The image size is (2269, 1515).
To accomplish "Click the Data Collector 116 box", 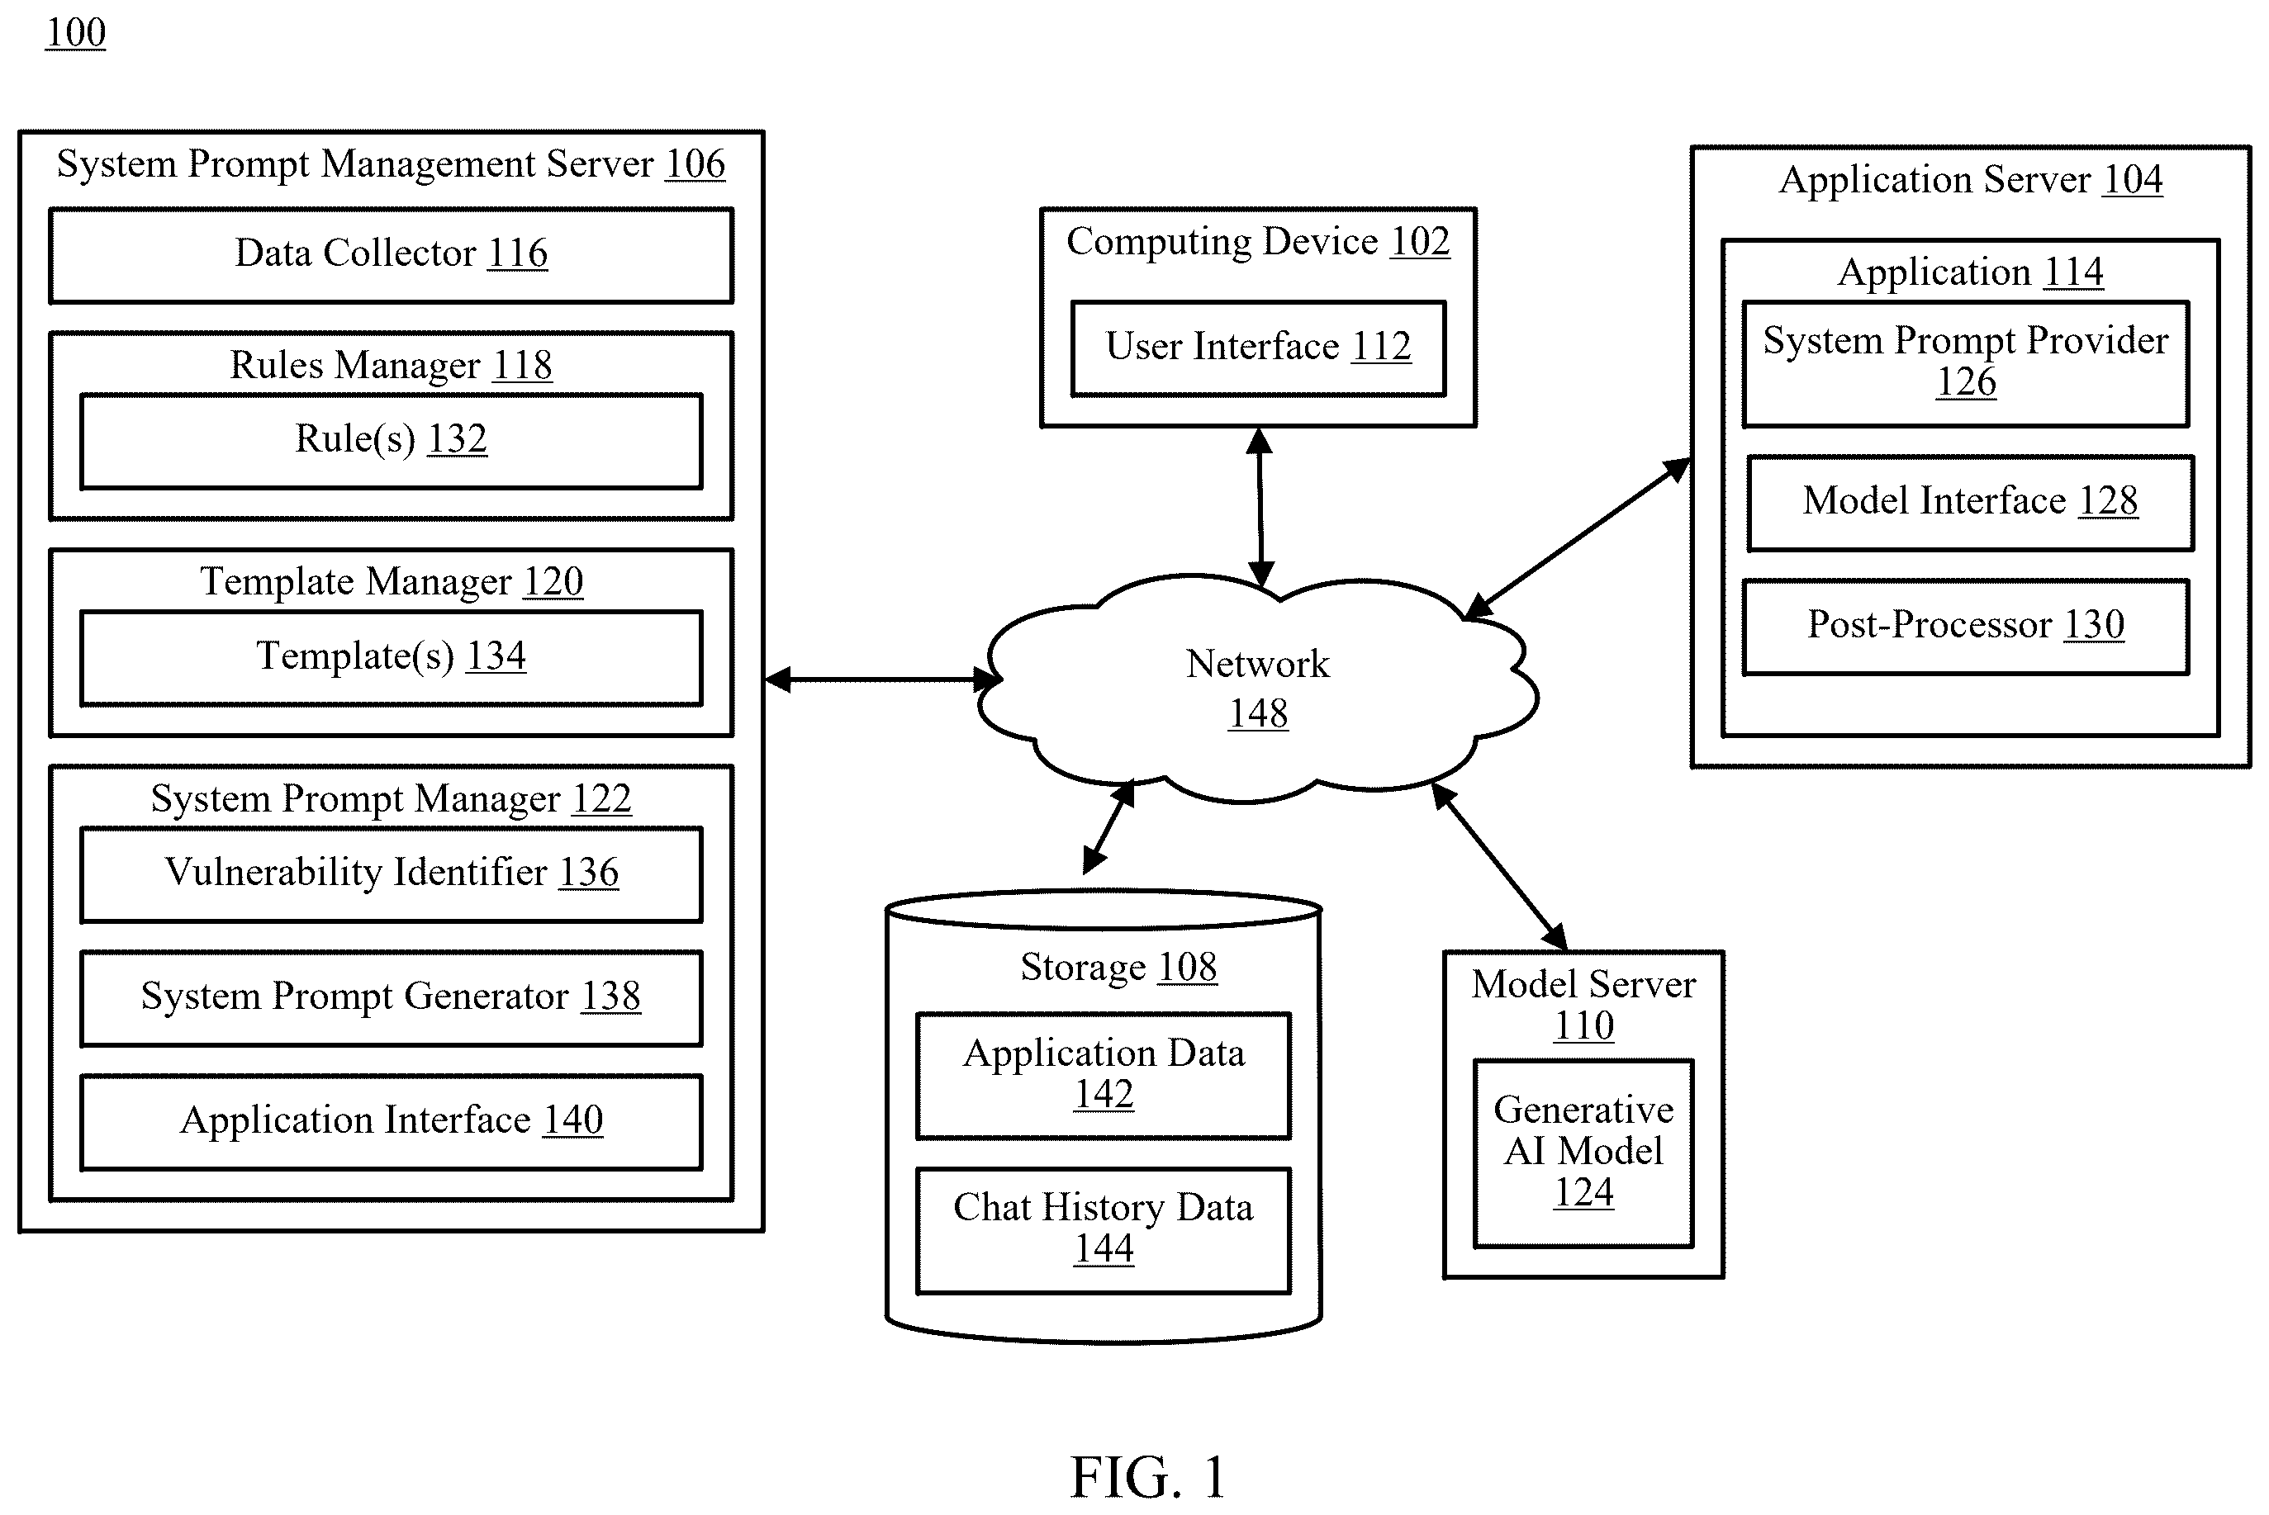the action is (x=392, y=256).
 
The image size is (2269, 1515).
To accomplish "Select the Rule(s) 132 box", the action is (x=392, y=442).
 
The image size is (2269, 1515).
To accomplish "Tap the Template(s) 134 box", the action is (x=392, y=658).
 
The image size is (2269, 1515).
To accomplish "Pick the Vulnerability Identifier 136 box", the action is (x=392, y=874).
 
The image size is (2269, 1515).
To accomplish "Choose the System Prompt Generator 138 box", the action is (x=392, y=998).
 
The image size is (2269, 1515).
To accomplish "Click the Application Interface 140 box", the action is (x=392, y=1123).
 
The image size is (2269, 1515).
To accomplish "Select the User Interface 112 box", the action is (x=1258, y=348).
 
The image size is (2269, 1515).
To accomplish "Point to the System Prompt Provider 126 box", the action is (x=1966, y=364).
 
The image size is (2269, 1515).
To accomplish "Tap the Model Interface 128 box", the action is (x=1970, y=504).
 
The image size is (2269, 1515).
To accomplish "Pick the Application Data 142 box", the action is (x=1104, y=1076).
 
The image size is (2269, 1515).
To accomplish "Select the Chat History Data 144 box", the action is (x=1104, y=1230).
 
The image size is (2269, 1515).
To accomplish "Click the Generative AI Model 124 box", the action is (x=1583, y=1153).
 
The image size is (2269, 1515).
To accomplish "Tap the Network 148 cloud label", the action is (x=1258, y=688).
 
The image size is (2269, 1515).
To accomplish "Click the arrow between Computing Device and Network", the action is (x=1260, y=507).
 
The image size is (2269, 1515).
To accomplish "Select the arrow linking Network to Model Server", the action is (x=1499, y=866).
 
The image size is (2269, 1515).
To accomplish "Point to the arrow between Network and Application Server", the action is (x=1577, y=538).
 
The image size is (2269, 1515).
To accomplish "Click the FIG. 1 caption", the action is (x=1148, y=1475).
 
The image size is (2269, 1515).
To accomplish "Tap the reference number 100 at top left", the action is (x=75, y=33).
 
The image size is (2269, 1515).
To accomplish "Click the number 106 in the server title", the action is (x=695, y=164).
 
